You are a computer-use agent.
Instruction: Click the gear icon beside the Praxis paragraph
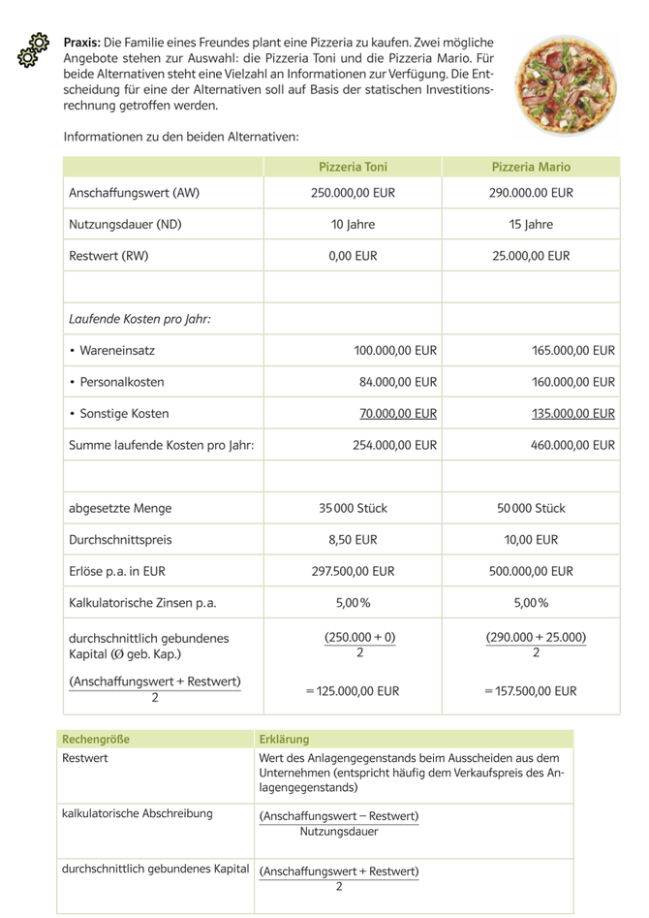(34, 50)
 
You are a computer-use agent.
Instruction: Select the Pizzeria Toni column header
(353, 167)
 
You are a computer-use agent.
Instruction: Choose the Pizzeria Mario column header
(531, 167)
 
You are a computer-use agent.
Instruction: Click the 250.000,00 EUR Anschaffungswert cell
(353, 193)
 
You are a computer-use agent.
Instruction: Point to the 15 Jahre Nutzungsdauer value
(531, 225)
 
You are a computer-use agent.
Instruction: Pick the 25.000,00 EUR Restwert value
(531, 257)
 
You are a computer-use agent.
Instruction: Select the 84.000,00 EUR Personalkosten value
(398, 382)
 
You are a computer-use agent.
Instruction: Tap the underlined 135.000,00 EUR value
(573, 414)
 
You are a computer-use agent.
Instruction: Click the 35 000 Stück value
(353, 508)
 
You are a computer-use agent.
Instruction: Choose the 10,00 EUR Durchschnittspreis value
(531, 539)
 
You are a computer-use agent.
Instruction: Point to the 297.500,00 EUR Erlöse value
(353, 571)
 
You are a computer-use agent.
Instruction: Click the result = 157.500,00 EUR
(530, 691)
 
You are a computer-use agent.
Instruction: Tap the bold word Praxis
(81, 44)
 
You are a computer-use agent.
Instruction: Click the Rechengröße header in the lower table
(95, 739)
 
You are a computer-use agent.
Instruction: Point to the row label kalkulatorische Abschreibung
(137, 813)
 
